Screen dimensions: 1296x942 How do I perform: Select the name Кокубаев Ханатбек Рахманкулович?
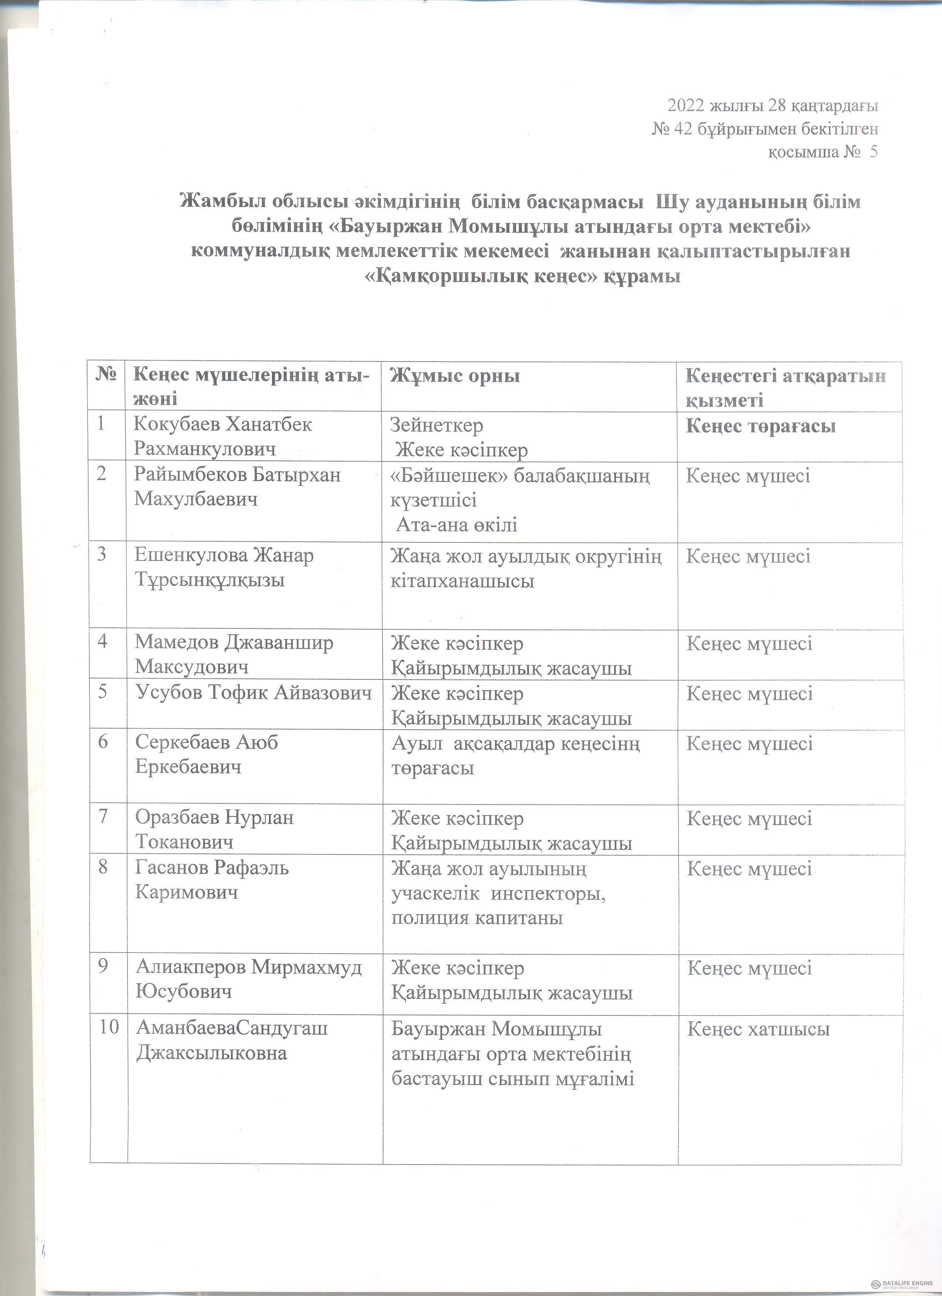(223, 436)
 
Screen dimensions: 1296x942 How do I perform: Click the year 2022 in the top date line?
(686, 106)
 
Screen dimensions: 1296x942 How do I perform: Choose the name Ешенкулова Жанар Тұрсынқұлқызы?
(224, 568)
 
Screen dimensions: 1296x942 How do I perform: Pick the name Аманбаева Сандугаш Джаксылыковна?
(232, 1040)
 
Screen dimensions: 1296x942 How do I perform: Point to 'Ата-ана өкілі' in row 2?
(457, 525)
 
